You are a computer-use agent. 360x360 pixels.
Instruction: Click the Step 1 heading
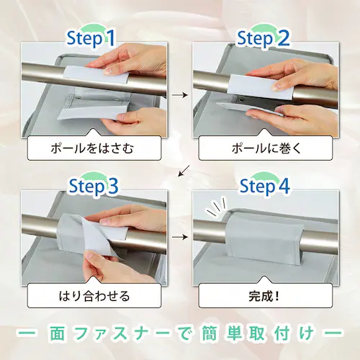click(x=91, y=38)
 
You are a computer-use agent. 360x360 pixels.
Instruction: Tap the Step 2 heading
click(x=264, y=38)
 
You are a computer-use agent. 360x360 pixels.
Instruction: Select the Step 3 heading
click(x=94, y=186)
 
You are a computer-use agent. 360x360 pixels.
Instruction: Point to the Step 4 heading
click(x=265, y=186)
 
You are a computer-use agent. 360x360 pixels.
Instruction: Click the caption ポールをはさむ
click(x=92, y=148)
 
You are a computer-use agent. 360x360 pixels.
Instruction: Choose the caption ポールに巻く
click(x=266, y=148)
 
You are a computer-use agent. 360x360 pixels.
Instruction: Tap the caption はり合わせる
click(x=94, y=296)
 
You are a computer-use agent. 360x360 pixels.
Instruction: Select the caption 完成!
click(x=264, y=296)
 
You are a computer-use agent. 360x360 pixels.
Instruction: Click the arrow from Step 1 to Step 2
click(x=180, y=95)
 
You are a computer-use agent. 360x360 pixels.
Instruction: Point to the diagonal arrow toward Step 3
click(x=184, y=171)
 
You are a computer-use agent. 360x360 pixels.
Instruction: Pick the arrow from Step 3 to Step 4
click(x=180, y=237)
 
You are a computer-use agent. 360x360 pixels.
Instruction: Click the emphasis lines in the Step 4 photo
click(x=217, y=207)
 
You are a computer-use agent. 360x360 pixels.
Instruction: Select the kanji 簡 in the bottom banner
click(x=210, y=333)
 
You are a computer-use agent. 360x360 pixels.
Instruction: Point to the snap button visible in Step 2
click(x=242, y=99)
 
